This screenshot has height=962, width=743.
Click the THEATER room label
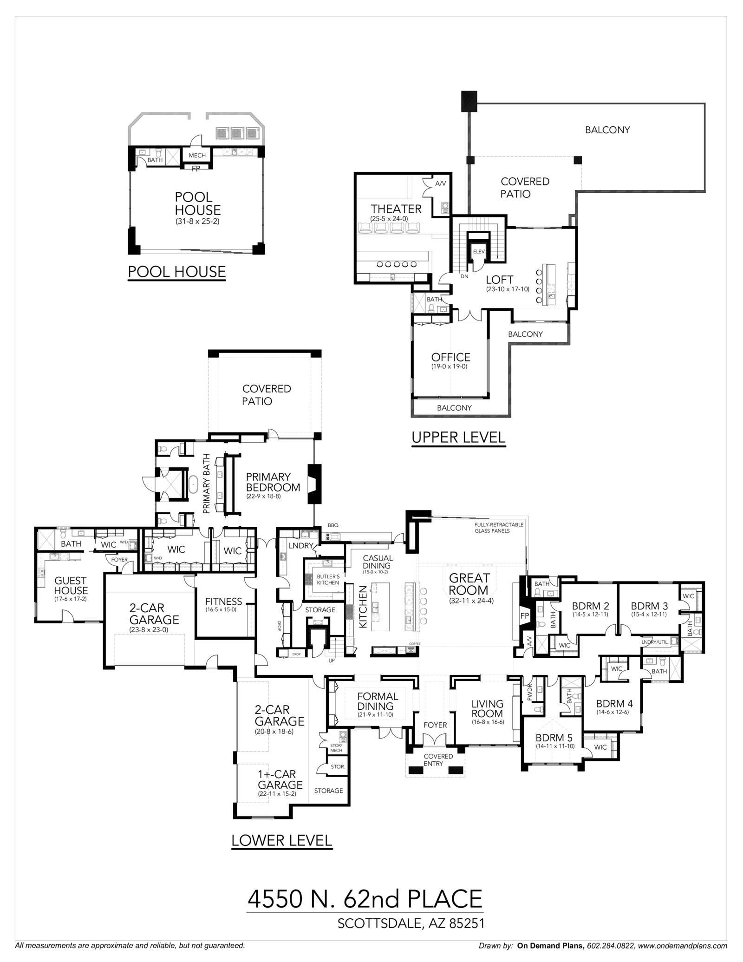[x=396, y=209]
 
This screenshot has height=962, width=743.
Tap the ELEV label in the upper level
[x=478, y=252]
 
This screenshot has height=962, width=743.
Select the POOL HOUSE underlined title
[x=176, y=272]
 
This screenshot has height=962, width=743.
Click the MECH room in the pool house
[x=197, y=155]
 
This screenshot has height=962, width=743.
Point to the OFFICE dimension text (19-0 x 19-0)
[x=450, y=366]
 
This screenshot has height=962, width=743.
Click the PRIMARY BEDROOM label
[x=273, y=482]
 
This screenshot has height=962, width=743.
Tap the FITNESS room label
[x=224, y=602]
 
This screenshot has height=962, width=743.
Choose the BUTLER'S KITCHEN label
[x=328, y=580]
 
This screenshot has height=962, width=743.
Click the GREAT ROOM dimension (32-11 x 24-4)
[x=469, y=601]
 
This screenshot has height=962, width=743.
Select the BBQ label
[x=333, y=525]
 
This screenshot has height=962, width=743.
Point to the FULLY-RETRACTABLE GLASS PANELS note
[x=498, y=528]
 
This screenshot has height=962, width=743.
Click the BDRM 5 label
[x=554, y=738]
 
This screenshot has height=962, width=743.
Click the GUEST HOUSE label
[x=71, y=585]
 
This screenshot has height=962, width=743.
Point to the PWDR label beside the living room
[x=529, y=693]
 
